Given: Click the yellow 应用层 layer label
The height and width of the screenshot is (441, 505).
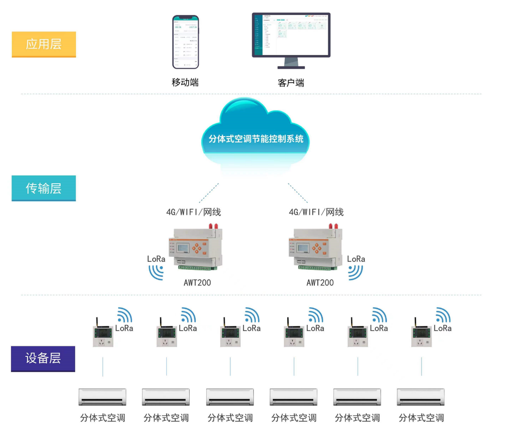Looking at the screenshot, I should (44, 44).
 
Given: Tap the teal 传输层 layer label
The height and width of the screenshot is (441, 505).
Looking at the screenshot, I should (44, 188).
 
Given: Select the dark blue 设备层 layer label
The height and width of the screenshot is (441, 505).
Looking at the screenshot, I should (43, 358).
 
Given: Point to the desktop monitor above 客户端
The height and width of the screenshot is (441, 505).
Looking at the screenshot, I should (291, 38).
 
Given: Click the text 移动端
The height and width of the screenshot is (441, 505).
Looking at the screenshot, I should (185, 83).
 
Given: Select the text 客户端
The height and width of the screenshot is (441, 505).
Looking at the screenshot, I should (291, 83).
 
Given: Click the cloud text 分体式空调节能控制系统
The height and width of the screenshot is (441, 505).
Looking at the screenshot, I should (256, 139).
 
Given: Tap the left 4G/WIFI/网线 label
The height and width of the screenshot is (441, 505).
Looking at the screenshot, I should (193, 212).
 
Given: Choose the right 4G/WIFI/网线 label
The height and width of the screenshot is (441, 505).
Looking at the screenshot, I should (316, 212).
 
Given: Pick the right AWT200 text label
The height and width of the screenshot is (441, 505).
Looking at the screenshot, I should (320, 283).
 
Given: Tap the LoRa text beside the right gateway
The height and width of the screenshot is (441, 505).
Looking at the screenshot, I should (356, 259).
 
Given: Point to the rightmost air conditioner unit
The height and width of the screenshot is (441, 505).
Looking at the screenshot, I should (421, 397).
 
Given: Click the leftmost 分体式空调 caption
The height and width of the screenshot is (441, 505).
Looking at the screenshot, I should (103, 418).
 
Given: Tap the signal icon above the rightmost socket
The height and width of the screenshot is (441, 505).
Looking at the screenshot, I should (442, 315).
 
